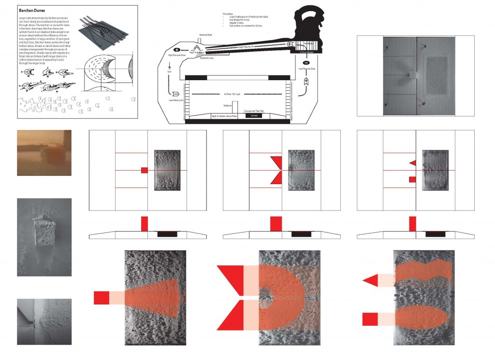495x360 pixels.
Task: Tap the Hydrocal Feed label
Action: tap(206, 35)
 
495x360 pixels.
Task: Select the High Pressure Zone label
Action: tap(177, 55)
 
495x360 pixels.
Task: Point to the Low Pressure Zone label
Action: tap(306, 69)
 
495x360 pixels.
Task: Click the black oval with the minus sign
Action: tap(306, 63)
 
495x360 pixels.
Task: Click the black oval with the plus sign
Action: tap(176, 50)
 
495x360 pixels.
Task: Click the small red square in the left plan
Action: tap(144, 170)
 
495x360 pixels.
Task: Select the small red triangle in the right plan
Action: tap(412, 162)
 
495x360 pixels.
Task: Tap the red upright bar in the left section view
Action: tap(144, 224)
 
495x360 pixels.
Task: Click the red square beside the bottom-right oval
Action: tap(370, 319)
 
